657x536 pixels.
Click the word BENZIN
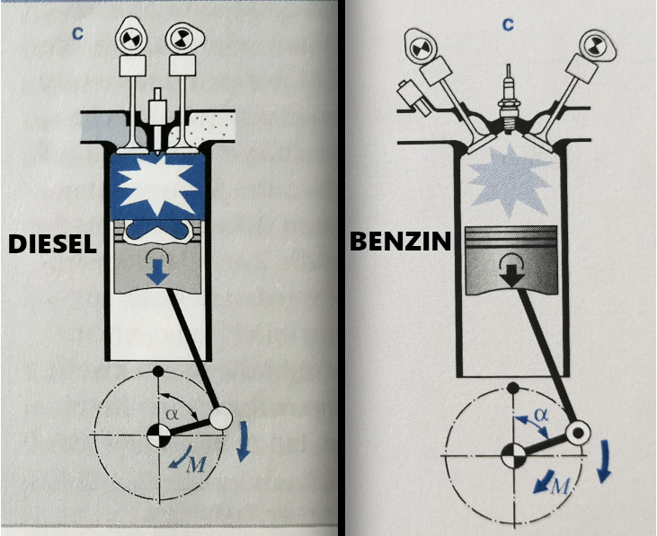[400, 241]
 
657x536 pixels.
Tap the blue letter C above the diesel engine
[77, 34]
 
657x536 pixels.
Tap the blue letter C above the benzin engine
[508, 25]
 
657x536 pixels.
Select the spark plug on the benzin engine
[508, 101]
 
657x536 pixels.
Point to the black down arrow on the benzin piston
[512, 277]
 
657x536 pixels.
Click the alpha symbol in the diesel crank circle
[172, 414]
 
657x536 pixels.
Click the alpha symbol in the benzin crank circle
[541, 415]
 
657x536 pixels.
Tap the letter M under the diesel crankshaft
[196, 464]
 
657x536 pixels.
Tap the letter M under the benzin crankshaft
[560, 486]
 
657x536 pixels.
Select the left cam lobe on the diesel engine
[130, 36]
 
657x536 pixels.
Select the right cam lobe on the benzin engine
[596, 45]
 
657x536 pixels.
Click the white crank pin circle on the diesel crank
[220, 418]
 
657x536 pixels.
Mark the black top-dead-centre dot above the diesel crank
[158, 371]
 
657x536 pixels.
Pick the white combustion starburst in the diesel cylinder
[157, 183]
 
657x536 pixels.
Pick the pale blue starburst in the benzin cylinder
[509, 180]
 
